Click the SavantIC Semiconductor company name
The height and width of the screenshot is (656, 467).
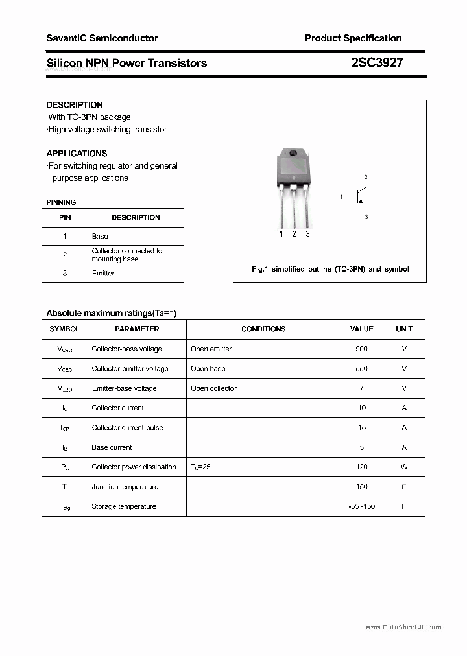click(x=102, y=38)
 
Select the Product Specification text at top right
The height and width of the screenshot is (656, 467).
click(x=353, y=38)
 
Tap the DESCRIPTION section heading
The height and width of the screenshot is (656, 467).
click(x=75, y=105)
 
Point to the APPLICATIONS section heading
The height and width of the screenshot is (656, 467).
click(x=77, y=154)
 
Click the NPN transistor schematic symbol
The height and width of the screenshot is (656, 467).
click(x=357, y=196)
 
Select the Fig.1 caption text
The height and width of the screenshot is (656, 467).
click(x=329, y=269)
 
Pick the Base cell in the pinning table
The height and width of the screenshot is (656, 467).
click(x=100, y=237)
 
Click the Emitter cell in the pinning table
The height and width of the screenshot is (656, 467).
click(x=103, y=274)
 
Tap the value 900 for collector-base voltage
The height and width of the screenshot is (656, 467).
click(x=361, y=349)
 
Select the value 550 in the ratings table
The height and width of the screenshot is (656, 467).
click(x=361, y=368)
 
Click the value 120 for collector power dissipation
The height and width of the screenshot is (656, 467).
click(x=361, y=467)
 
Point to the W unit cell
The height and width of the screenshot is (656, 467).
click(x=403, y=467)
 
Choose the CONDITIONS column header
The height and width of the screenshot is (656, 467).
click(x=263, y=329)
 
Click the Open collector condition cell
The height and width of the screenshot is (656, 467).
click(x=213, y=388)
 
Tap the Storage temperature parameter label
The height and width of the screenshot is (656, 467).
click(x=124, y=506)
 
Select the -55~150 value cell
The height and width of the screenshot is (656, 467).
click(x=361, y=506)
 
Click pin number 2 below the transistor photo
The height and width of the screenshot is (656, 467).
click(x=294, y=234)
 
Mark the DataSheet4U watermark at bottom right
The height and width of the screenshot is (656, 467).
click(x=403, y=627)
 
